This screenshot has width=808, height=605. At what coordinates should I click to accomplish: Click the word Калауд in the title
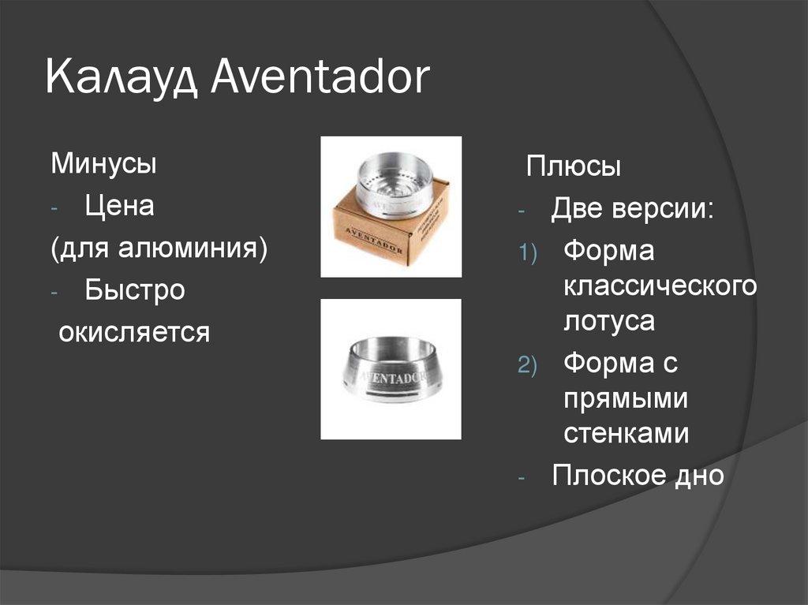coord(125,80)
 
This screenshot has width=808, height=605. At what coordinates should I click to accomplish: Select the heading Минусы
coord(103,166)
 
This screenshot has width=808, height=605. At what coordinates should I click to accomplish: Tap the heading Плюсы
coord(574,167)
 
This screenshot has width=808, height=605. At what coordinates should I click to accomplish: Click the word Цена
coord(120,207)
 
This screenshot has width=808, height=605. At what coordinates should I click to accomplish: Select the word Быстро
coord(135,290)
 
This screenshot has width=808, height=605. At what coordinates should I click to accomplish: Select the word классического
coord(660,287)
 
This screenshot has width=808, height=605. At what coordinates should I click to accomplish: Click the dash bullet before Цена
coord(54,210)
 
